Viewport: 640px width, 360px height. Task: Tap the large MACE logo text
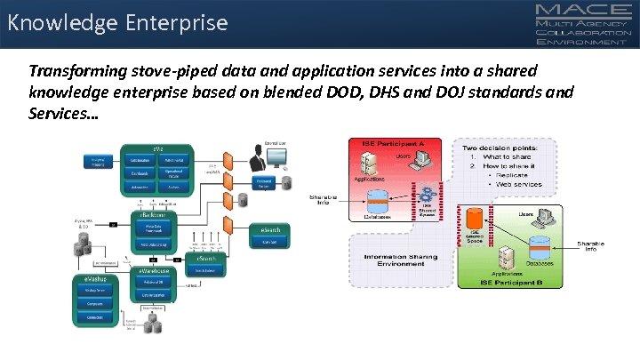(586, 12)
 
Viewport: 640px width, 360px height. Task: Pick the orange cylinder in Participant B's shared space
(473, 217)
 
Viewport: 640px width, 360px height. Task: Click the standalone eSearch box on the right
(267, 234)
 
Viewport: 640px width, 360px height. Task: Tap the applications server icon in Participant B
(506, 257)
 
